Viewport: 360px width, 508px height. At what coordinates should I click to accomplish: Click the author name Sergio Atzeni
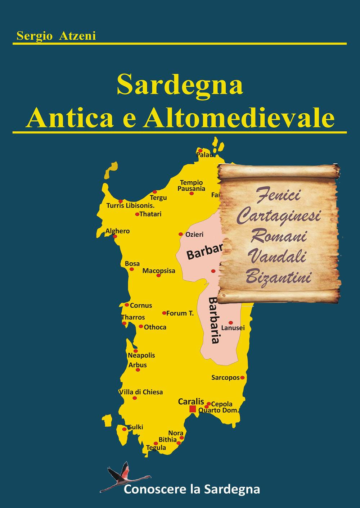pyautogui.click(x=56, y=36)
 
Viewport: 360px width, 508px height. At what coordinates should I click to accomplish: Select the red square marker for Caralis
pyautogui.click(x=193, y=409)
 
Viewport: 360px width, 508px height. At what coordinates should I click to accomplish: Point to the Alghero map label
pyautogui.click(x=117, y=231)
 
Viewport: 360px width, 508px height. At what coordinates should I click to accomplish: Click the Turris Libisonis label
pyautogui.click(x=130, y=206)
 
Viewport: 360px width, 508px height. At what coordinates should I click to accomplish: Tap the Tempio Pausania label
pyautogui.click(x=192, y=185)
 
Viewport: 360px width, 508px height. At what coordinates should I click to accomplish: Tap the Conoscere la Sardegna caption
pyautogui.click(x=192, y=489)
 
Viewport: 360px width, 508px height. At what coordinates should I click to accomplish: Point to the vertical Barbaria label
pyautogui.click(x=215, y=320)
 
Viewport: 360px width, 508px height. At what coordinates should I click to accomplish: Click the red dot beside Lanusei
pyautogui.click(x=231, y=323)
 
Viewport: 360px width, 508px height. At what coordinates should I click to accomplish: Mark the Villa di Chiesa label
pyautogui.click(x=141, y=392)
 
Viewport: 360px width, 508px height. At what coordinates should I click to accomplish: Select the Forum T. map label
pyautogui.click(x=180, y=313)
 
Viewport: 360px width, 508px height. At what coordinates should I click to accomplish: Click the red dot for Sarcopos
pyautogui.click(x=242, y=378)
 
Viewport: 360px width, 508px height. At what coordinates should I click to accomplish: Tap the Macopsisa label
pyautogui.click(x=159, y=271)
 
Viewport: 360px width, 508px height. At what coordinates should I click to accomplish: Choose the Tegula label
pyautogui.click(x=156, y=448)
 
